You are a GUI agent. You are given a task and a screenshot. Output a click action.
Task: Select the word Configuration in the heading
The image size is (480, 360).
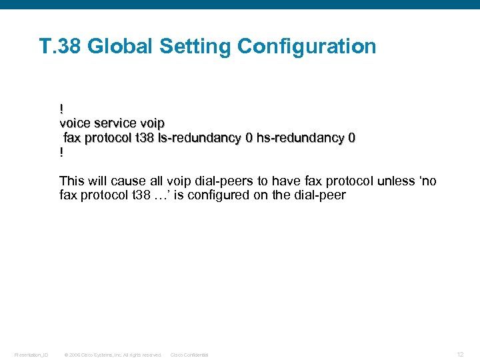[x=307, y=47]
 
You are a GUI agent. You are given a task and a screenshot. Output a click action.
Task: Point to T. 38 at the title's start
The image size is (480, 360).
[x=61, y=47]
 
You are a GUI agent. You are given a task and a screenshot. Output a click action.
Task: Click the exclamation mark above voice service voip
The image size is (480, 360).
[x=61, y=108]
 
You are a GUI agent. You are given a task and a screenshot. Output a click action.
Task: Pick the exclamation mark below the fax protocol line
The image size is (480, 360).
[x=61, y=153]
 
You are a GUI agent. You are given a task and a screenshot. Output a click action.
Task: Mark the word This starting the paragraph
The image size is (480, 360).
[x=71, y=181]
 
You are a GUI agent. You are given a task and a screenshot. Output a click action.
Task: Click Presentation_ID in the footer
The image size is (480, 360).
[x=31, y=355]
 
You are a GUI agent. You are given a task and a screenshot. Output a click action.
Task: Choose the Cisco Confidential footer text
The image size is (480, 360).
[x=189, y=355]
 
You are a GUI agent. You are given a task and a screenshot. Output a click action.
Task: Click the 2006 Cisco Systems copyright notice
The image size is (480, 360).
[x=113, y=355]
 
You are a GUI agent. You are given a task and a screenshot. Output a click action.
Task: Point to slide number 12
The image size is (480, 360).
[x=460, y=354]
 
